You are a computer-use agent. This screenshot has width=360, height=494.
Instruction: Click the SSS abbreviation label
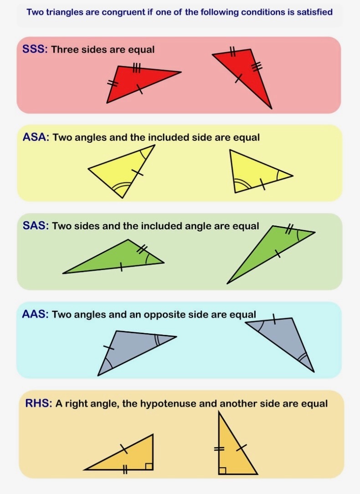(35, 49)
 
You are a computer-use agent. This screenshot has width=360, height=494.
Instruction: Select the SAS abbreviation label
(35, 226)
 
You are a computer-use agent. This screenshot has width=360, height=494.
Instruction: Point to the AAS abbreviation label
(35, 314)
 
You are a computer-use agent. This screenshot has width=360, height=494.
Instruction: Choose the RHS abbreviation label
(39, 403)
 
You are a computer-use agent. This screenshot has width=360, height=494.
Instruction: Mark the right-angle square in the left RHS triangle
(149, 466)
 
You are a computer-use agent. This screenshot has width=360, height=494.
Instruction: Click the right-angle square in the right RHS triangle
(222, 470)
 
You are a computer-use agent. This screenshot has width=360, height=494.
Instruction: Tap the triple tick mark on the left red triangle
(136, 69)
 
